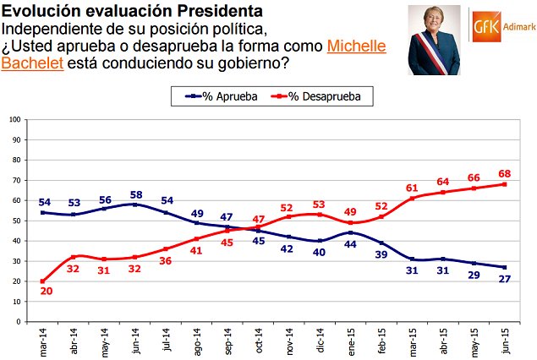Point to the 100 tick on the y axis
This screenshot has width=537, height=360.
coord(14,119)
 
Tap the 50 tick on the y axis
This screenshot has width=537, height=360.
coord(16,221)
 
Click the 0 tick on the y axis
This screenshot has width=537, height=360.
coord(19,322)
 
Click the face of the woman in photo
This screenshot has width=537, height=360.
coord(438,22)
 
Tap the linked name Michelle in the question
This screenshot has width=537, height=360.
coord(356,46)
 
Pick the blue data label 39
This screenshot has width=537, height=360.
coord(382,254)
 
